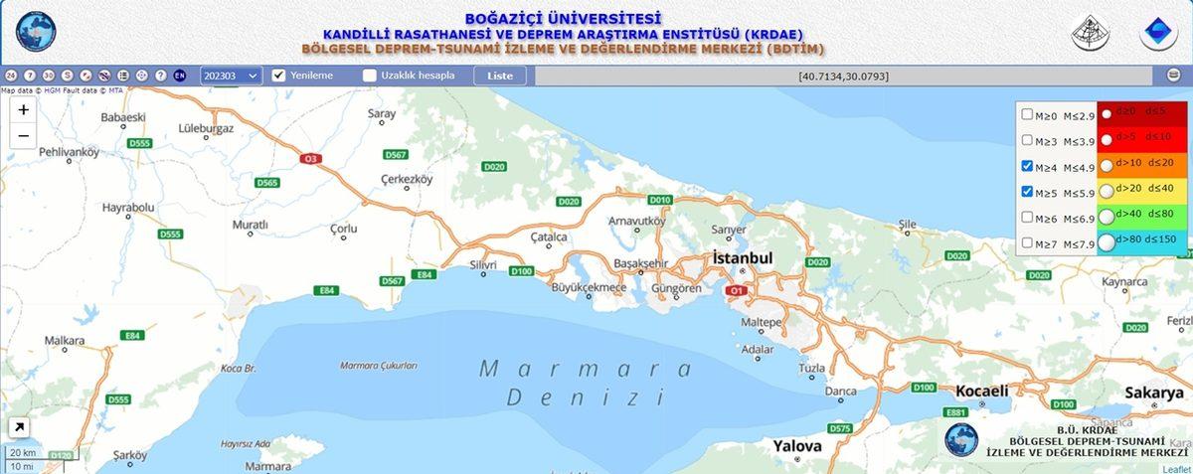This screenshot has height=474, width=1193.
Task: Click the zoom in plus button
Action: click(24, 110)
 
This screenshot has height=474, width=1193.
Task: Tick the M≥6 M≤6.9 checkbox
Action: click(1027, 218)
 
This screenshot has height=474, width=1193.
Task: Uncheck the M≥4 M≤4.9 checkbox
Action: click(1027, 166)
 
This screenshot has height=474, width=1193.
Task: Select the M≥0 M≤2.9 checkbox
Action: click(1027, 114)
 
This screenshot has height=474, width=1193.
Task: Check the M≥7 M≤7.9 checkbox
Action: click(1027, 243)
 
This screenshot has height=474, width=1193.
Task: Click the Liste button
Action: click(500, 76)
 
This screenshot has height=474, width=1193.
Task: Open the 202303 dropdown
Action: click(231, 76)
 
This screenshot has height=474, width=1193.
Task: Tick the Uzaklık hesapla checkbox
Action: click(370, 76)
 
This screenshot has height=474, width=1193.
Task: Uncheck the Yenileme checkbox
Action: click(279, 76)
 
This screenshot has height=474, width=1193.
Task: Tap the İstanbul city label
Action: click(742, 258)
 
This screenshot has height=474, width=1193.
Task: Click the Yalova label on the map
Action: click(797, 446)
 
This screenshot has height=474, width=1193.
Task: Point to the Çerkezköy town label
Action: click(407, 180)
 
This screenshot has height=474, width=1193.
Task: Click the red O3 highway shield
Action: click(312, 158)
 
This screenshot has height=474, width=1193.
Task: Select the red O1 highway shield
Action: click(737, 291)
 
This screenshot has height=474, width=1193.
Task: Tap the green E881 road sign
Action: click(956, 412)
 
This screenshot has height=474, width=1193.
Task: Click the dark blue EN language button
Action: click(180, 76)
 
